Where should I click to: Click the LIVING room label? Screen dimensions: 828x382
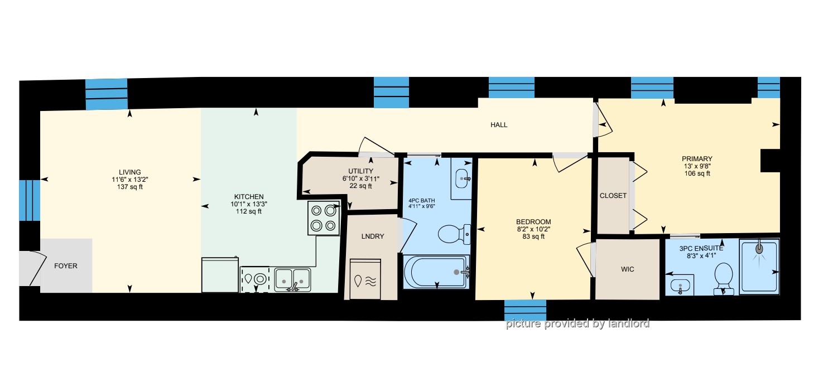point(130,172)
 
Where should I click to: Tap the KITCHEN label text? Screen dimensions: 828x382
point(249,197)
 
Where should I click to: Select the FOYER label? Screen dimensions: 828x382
point(66,266)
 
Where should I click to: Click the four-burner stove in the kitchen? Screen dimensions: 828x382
point(324,218)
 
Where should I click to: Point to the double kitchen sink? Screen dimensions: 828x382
point(292,280)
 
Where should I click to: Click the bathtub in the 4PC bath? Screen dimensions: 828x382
point(436,272)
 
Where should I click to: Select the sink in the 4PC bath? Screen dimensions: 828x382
point(461,179)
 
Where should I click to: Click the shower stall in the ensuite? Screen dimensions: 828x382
point(759,267)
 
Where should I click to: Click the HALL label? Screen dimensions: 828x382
point(499,125)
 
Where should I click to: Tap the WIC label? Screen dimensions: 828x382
point(627,269)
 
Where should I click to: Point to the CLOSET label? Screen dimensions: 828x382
point(613,196)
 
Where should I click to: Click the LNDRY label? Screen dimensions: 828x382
point(373,236)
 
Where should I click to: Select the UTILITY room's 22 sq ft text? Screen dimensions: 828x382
point(361,186)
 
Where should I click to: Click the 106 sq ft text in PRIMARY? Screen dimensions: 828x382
point(697,173)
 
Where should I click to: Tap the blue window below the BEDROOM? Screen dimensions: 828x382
point(525,310)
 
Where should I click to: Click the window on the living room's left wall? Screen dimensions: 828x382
point(30,200)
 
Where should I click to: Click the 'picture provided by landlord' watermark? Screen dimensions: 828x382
point(577,323)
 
